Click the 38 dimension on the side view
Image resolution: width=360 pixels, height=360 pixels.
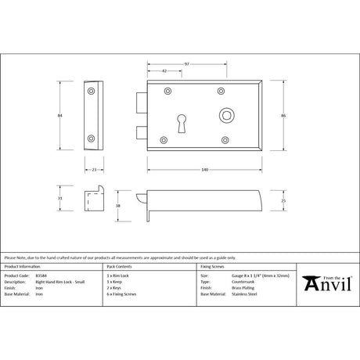coord(117,205)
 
